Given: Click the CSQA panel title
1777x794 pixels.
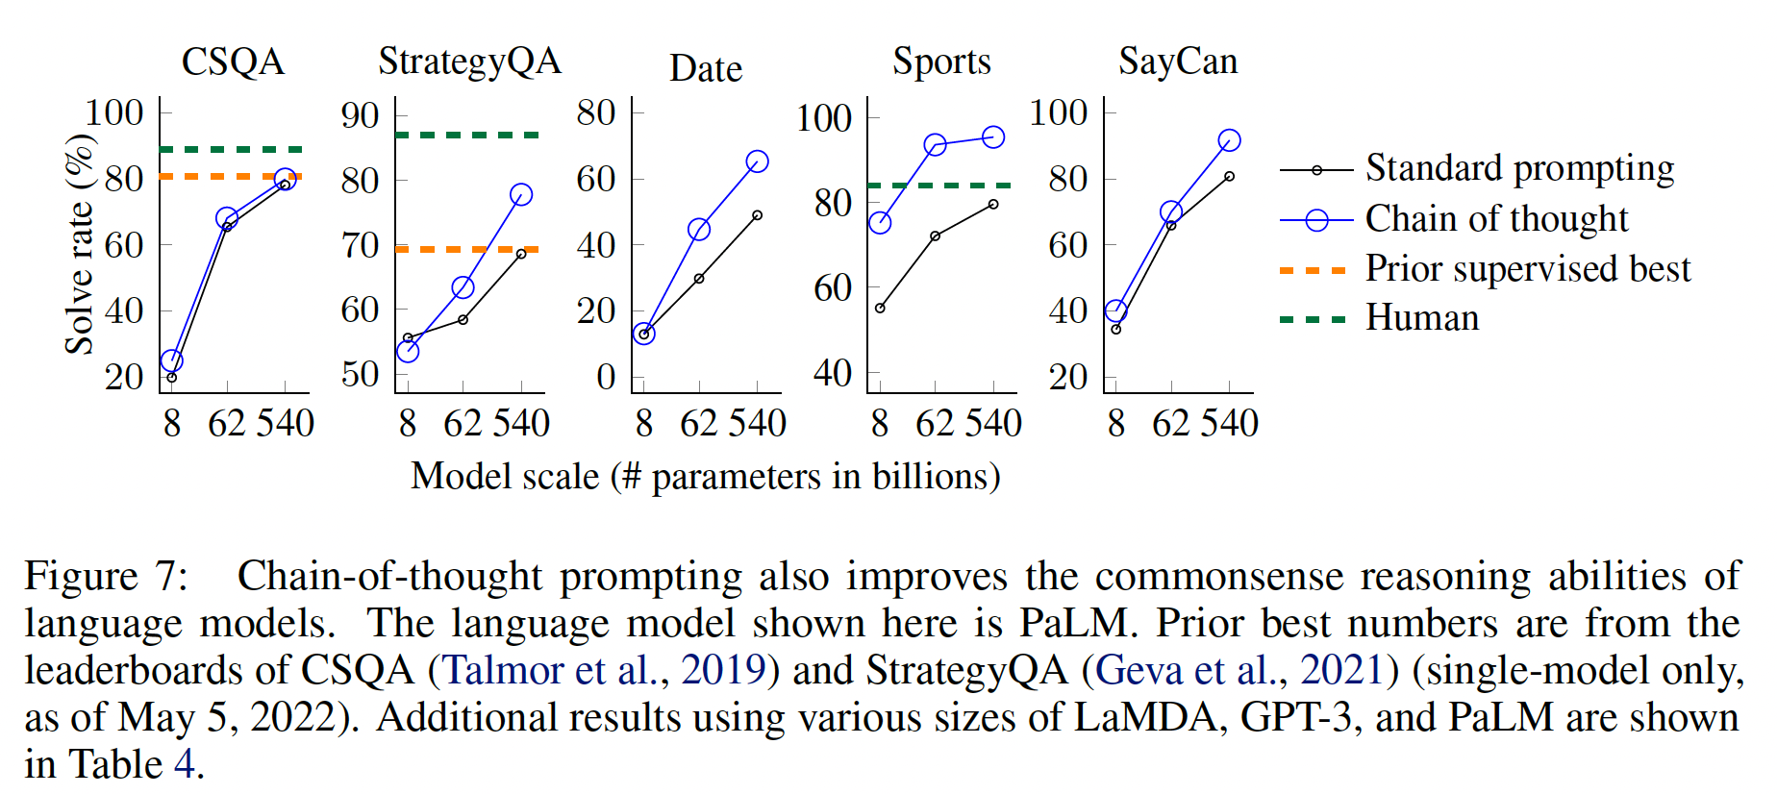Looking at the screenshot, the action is click(233, 62).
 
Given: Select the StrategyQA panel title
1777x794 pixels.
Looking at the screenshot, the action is click(469, 62).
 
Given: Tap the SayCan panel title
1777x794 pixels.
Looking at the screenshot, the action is click(1178, 62).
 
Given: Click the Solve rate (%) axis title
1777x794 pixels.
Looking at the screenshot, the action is click(80, 244).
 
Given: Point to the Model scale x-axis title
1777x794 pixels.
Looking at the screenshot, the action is click(706, 477).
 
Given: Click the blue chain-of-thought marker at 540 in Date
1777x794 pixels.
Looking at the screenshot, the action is click(758, 161).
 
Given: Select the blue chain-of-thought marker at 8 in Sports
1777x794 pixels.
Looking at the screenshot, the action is click(880, 223).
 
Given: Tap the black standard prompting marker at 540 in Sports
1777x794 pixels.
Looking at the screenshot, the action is click(993, 205).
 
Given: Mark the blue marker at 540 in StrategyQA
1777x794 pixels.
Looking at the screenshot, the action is click(521, 195).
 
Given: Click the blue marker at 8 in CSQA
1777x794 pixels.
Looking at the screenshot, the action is click(171, 361).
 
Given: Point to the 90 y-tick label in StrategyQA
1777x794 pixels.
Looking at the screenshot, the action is click(360, 115).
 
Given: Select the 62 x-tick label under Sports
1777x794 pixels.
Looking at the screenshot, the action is click(934, 423).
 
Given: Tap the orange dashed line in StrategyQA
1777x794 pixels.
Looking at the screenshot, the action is click(468, 250).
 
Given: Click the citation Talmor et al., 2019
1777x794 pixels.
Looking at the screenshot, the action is click(604, 670).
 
